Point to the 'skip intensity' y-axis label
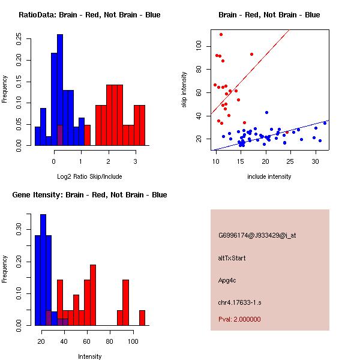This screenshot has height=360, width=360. (x=185, y=89)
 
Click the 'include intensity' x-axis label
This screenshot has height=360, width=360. (x=269, y=176)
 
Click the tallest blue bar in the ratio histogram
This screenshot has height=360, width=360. (x=60, y=90)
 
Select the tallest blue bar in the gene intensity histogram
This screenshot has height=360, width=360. (x=43, y=270)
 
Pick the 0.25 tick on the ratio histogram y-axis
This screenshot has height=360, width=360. (x=20, y=39)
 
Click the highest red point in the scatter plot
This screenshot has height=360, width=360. (x=221, y=34)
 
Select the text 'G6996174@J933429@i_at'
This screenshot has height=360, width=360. (x=257, y=235)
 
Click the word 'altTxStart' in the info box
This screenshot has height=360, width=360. (x=232, y=258)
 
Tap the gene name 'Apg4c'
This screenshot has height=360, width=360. (x=228, y=280)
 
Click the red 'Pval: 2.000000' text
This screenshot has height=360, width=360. (x=240, y=319)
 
